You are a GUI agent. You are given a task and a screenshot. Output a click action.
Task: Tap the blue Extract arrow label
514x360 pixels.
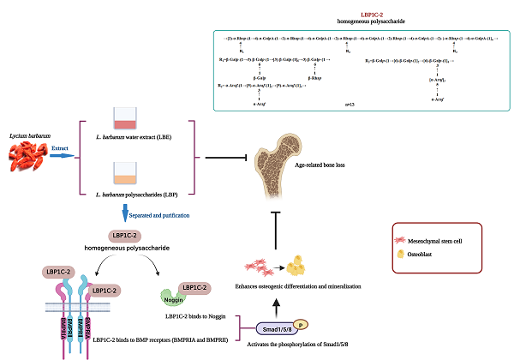pos(59,147)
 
